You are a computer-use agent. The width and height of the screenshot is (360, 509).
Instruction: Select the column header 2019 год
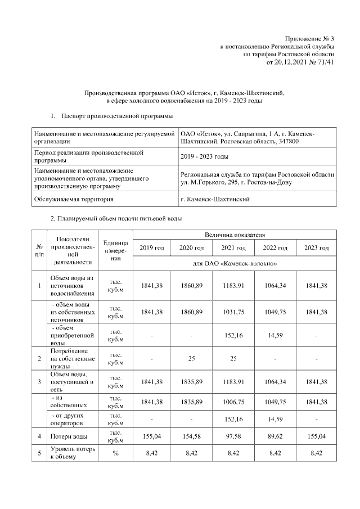click(x=151, y=248)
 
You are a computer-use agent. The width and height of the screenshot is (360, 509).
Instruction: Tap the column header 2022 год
click(x=276, y=248)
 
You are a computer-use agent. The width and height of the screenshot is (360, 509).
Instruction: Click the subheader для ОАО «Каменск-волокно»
click(x=235, y=263)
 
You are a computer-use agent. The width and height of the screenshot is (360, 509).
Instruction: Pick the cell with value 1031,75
click(x=233, y=312)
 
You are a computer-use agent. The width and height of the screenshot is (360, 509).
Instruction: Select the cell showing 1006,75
click(x=233, y=402)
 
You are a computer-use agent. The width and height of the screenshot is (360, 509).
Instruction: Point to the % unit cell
click(x=115, y=454)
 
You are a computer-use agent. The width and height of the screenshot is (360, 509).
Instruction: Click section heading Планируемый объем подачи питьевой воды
click(x=116, y=218)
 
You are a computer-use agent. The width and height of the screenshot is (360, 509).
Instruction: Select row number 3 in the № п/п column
click(x=39, y=382)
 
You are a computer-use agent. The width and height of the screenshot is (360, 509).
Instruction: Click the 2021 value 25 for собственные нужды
click(x=233, y=358)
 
